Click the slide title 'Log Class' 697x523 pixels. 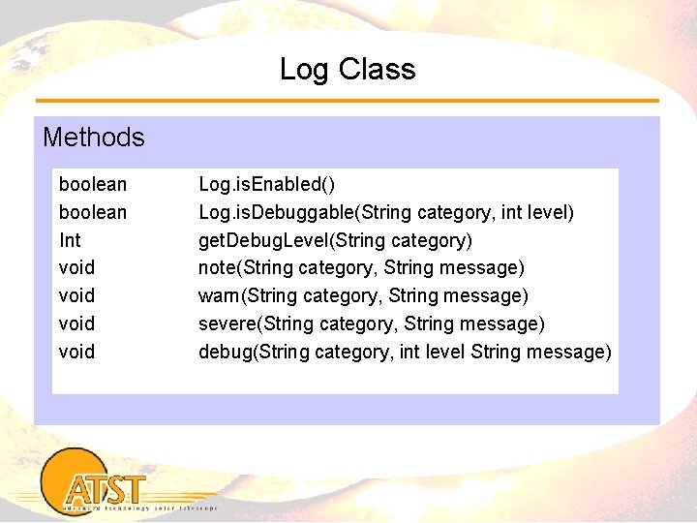click(x=348, y=70)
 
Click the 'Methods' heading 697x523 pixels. click(x=94, y=138)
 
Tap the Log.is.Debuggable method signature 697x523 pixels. click(x=385, y=212)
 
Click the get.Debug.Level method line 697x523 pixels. click(x=335, y=240)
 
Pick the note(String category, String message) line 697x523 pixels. click(x=361, y=267)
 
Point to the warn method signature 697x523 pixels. click(x=363, y=295)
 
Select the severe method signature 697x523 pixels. click(x=372, y=323)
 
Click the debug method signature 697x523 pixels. click(x=405, y=352)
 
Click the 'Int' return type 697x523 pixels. click(x=70, y=240)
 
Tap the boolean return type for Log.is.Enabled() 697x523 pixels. click(x=93, y=184)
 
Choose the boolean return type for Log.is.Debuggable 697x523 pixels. click(x=93, y=212)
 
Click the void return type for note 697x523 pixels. click(x=77, y=267)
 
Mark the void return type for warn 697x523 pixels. click(x=77, y=295)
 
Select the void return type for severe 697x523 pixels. click(x=77, y=323)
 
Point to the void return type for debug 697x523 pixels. click(x=77, y=352)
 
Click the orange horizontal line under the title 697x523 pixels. click(x=348, y=101)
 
